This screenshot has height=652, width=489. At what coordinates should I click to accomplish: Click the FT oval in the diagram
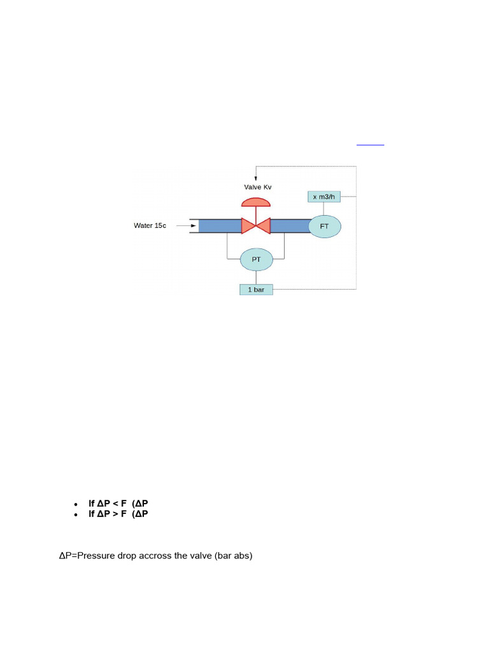[325, 226]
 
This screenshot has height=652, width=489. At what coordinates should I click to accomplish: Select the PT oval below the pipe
[256, 259]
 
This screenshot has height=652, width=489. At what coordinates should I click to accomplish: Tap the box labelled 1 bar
[256, 290]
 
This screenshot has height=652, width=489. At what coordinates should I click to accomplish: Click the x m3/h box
[323, 196]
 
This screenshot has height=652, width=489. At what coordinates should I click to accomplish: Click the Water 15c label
[150, 225]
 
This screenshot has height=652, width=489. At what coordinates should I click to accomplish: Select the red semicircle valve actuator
[256, 202]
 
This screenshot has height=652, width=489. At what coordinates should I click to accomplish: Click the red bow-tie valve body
[256, 225]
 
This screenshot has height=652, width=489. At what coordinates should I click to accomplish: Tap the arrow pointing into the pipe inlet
[185, 225]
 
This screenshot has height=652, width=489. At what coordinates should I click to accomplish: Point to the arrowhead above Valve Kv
[256, 178]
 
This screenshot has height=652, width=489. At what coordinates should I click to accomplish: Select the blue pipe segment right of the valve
[290, 225]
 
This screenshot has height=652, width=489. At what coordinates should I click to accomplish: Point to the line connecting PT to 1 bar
[256, 276]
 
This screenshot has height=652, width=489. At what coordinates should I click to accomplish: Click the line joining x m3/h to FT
[325, 208]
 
